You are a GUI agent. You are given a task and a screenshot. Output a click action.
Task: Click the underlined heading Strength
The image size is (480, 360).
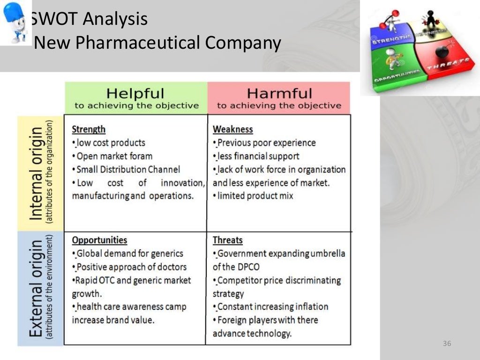click(89, 129)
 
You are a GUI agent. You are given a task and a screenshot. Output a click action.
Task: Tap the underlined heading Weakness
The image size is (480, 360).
click(232, 129)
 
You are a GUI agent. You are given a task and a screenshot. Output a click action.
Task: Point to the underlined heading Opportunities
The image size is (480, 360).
click(99, 240)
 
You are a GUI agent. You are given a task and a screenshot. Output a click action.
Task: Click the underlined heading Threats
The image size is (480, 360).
click(227, 240)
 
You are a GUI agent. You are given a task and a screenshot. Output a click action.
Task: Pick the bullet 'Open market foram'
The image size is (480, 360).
click(114, 156)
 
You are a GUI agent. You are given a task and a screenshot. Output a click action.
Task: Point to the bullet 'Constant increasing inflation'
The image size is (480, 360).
click(272, 307)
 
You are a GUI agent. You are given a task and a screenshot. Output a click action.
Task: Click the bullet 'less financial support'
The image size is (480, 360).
click(258, 156)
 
